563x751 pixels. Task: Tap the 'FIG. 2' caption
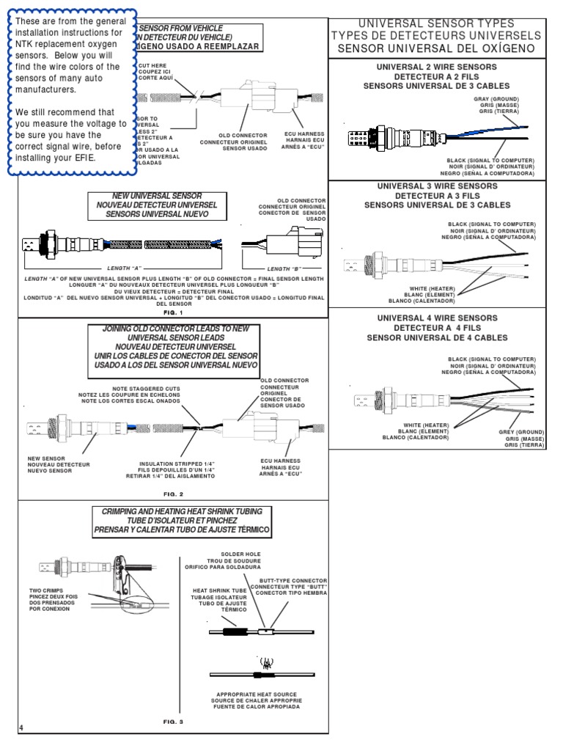pos(173,494)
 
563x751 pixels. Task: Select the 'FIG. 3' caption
pos(173,722)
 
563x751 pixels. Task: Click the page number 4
pos(22,728)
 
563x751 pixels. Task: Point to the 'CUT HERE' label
pos(152,65)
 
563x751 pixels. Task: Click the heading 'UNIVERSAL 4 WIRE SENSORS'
pos(437,318)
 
